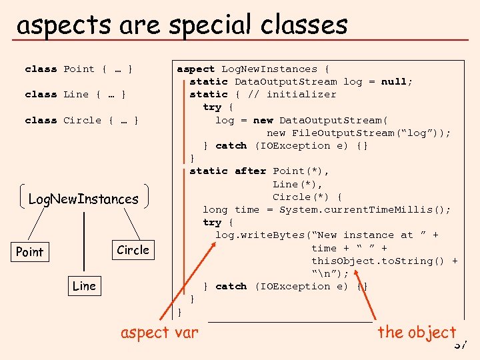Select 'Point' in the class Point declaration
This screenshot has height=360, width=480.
79,69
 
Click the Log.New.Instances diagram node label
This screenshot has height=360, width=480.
83,199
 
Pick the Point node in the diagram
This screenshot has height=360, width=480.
29,252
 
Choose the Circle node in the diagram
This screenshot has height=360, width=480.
133,250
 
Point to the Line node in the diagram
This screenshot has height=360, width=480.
84,286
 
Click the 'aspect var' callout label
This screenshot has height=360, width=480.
159,332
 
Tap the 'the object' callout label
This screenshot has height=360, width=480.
417,332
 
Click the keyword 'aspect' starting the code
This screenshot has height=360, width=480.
195,69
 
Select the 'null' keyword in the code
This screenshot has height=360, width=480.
393,81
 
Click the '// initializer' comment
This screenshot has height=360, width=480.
291,94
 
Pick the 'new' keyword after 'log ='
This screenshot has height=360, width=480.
263,120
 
